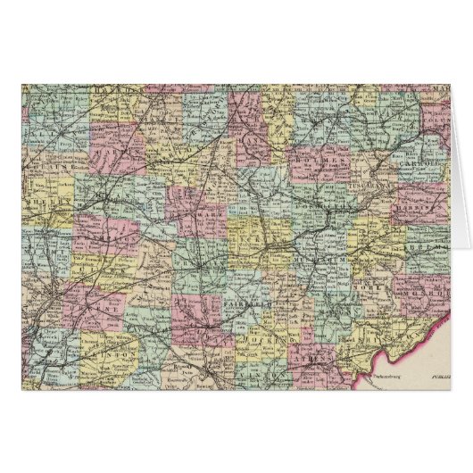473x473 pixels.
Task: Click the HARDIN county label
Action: point(116,90)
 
